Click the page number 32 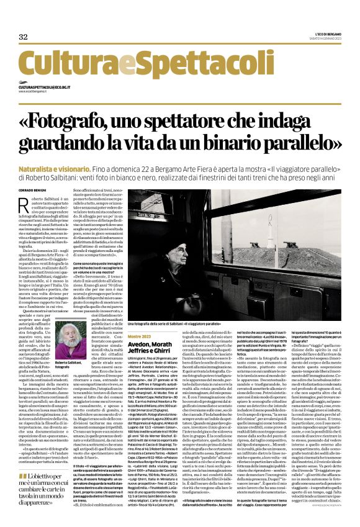coord(24,37)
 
